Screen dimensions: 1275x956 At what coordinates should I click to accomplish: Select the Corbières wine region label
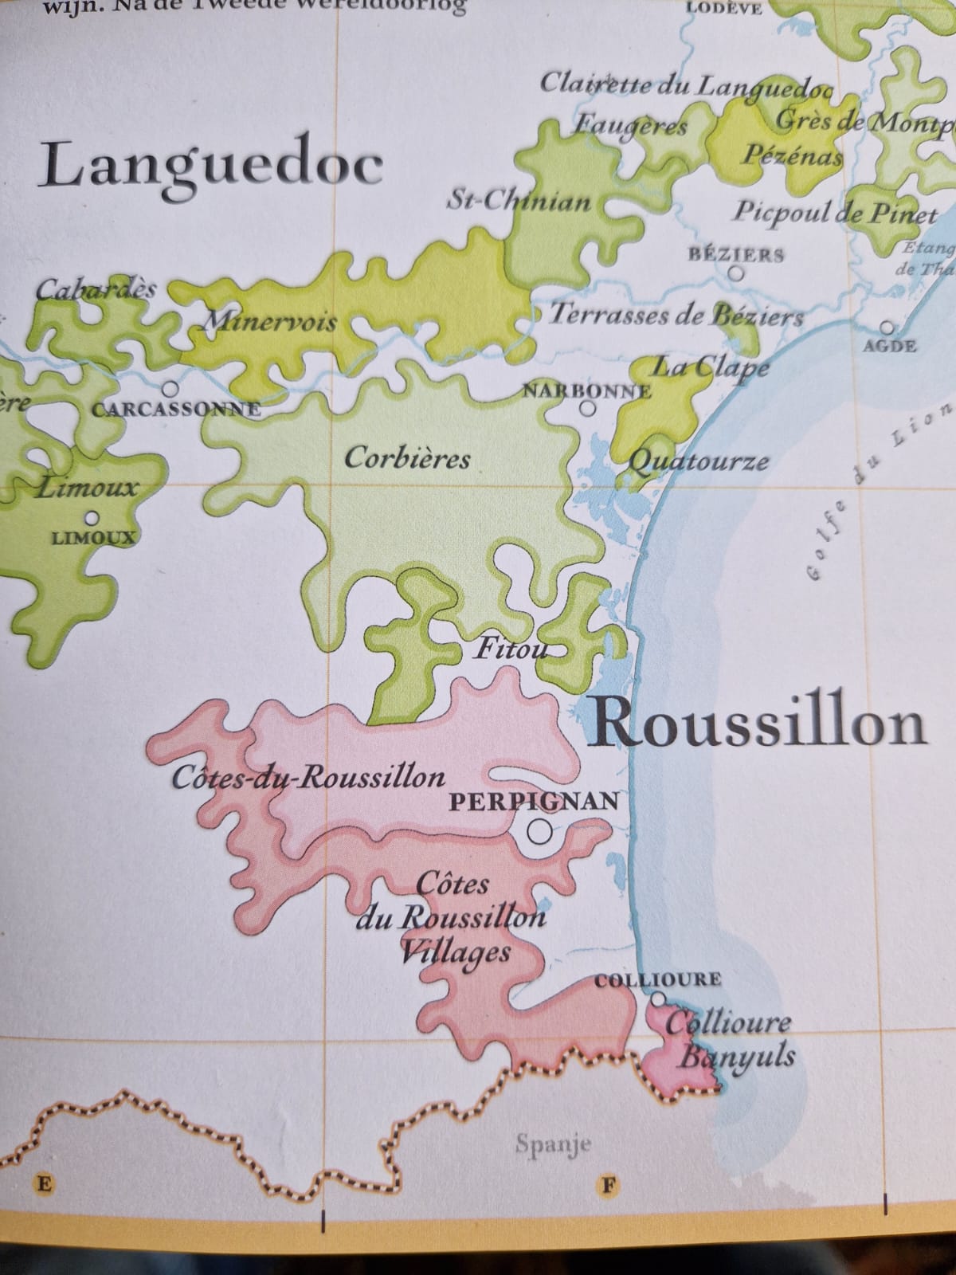tap(407, 458)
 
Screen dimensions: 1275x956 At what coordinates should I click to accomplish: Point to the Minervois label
tap(270, 323)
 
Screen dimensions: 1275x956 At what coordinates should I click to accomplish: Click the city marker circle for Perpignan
tap(540, 832)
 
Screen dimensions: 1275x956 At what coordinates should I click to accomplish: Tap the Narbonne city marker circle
tap(588, 409)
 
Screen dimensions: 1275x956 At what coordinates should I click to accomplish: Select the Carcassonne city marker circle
tap(170, 390)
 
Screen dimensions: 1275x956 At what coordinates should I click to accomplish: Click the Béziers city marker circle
tap(737, 273)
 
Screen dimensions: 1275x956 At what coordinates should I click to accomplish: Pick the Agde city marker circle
tap(887, 328)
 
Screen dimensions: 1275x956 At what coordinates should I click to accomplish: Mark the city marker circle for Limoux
tap(92, 518)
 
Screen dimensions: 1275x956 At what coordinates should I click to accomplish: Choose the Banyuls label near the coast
tap(736, 1057)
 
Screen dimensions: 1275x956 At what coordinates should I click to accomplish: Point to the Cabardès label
tap(96, 289)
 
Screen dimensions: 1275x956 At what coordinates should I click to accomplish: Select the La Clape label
tap(711, 367)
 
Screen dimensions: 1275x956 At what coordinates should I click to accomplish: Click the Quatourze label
tap(699, 461)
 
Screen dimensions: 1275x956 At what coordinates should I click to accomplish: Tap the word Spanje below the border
tap(553, 1145)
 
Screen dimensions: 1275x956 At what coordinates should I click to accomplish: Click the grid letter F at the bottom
tap(609, 1184)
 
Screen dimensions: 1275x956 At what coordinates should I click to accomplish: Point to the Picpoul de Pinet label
tap(835, 213)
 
